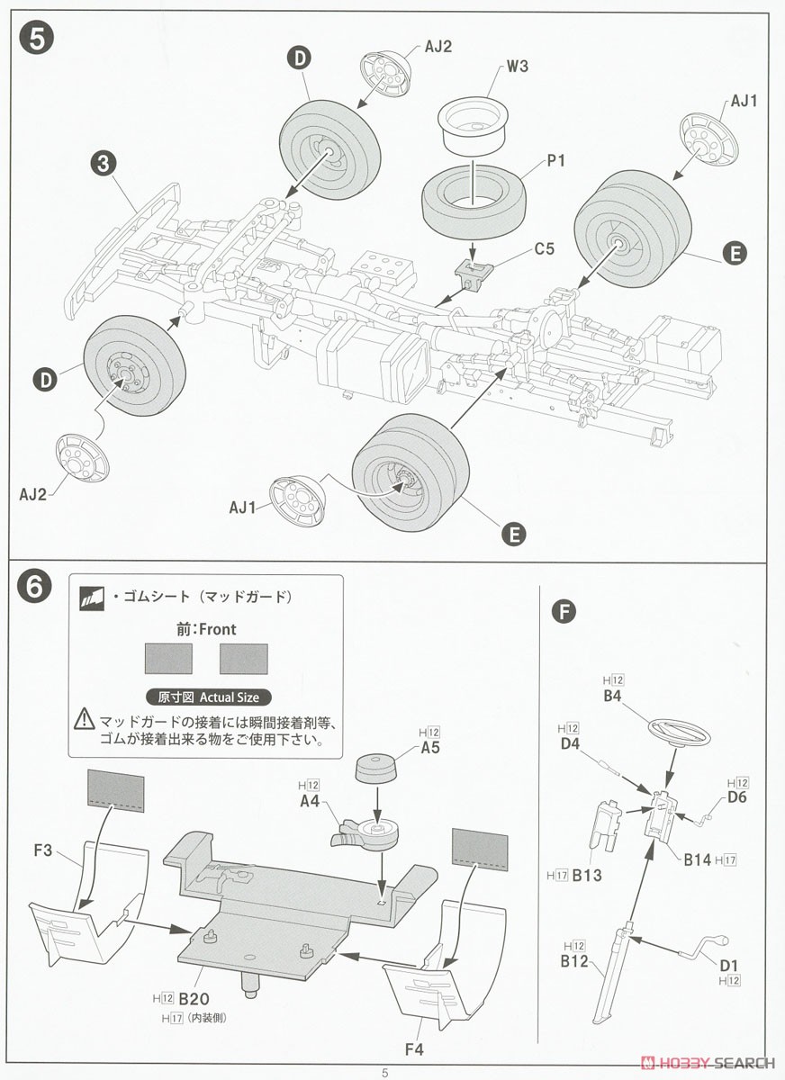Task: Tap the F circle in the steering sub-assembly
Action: coord(564,612)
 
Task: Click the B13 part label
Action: coord(586,874)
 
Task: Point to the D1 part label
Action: coord(728,966)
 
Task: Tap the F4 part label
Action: coord(413,1048)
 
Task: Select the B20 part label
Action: coord(194,998)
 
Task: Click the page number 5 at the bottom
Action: coord(385,1072)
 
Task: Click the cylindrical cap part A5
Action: coord(378,769)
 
